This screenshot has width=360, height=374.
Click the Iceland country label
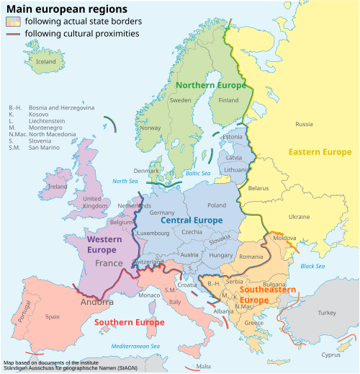(45, 62)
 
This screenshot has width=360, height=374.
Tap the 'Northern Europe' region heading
(211, 85)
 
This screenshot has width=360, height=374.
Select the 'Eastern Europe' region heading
(320, 152)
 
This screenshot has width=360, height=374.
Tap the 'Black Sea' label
(312, 267)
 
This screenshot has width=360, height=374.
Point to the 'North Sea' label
(124, 181)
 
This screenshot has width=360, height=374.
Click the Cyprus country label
(331, 355)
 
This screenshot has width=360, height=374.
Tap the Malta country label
(203, 366)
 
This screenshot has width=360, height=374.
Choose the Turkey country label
(327, 313)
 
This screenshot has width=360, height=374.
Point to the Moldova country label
(285, 238)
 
